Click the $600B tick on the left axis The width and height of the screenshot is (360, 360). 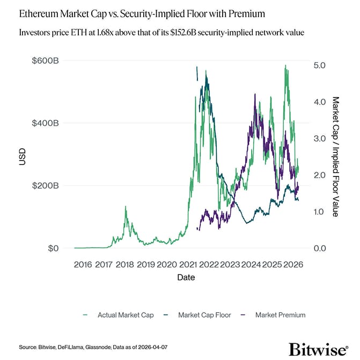(x=46, y=61)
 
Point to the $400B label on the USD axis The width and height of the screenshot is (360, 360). (x=46, y=123)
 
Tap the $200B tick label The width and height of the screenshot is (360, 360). (x=46, y=186)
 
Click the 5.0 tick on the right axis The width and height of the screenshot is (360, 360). (x=319, y=65)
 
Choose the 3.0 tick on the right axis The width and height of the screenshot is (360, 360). (x=319, y=138)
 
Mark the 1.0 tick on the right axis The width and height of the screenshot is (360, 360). (x=319, y=212)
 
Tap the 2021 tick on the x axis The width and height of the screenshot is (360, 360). (x=187, y=265)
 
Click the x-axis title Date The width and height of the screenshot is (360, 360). (x=186, y=278)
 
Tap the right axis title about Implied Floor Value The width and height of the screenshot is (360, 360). (x=336, y=156)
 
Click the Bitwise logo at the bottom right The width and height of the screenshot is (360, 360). (x=318, y=349)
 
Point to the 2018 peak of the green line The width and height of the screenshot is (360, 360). (x=126, y=207)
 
